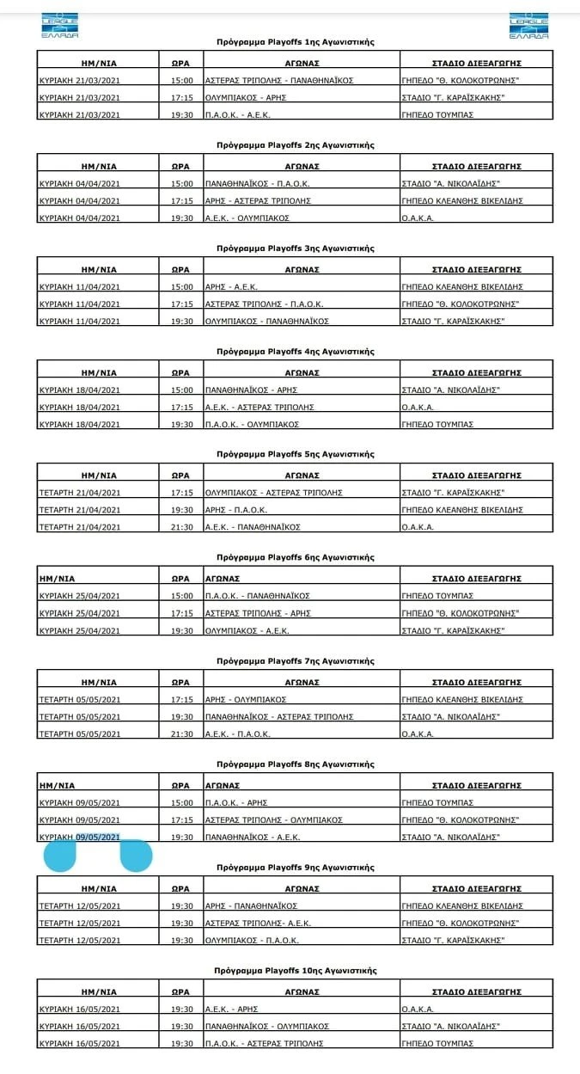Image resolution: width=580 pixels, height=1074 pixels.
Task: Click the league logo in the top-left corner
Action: point(59,26)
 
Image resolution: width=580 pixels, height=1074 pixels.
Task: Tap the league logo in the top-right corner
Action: point(528,26)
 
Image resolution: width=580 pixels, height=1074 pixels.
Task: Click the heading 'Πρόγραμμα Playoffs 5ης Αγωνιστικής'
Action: point(295,454)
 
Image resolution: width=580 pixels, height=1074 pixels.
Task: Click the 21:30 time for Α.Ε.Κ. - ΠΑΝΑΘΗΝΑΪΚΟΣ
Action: point(181,527)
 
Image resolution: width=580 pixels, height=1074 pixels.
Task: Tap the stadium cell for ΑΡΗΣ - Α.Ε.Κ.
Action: point(462,286)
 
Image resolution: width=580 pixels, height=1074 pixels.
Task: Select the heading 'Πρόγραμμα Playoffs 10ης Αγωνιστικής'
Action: point(295,970)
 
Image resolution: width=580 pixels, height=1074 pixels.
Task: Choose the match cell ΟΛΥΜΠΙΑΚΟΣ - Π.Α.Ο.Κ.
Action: point(249,940)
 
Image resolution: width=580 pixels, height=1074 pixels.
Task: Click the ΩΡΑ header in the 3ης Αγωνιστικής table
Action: point(180,269)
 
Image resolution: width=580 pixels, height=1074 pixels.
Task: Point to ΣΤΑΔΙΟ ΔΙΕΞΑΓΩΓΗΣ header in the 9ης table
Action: point(476,888)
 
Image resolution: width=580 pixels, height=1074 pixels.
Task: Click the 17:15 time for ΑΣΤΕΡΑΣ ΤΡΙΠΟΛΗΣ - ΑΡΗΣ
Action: point(181,613)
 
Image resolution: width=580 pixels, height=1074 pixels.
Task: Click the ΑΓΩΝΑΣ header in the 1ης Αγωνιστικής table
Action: point(302,63)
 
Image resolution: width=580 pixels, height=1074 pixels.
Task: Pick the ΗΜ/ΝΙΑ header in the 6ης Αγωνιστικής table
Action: point(57,579)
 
